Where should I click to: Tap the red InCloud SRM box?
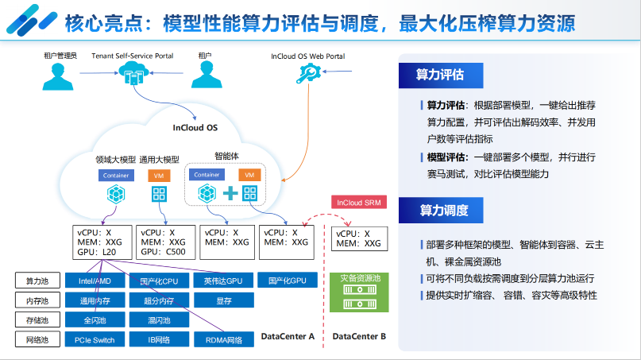pyautogui.click(x=358, y=203)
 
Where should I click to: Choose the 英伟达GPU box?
pyautogui.click(x=223, y=281)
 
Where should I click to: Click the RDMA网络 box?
pyautogui.click(x=223, y=340)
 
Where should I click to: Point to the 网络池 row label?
pyautogui.click(x=37, y=340)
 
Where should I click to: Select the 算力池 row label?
pyautogui.click(x=37, y=281)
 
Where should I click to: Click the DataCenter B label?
pyautogui.click(x=359, y=337)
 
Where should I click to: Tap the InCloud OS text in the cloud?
pyautogui.click(x=195, y=128)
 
